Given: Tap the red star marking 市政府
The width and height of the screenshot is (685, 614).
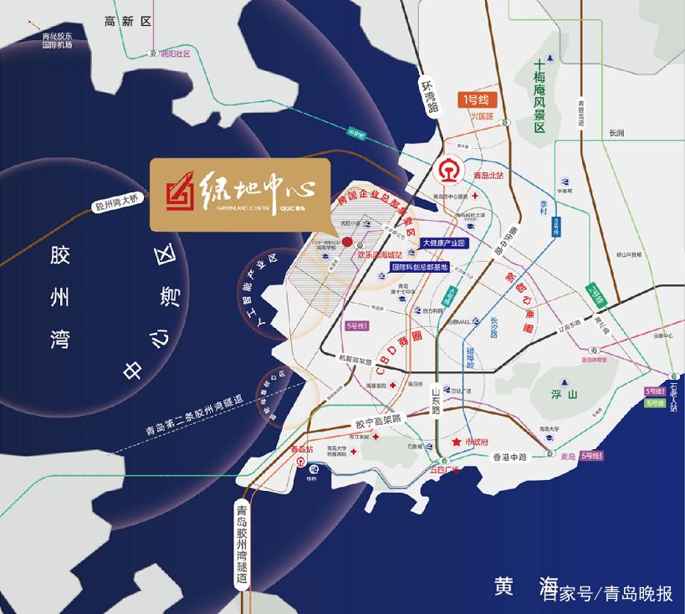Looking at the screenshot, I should (x=457, y=441).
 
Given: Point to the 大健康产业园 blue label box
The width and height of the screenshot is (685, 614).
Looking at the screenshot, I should (x=443, y=243).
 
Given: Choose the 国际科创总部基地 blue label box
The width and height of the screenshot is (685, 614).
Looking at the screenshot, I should (x=421, y=267).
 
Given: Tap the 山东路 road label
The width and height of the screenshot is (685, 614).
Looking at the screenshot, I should (x=436, y=405).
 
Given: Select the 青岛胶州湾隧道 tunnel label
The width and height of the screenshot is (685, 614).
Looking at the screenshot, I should (x=243, y=544).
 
